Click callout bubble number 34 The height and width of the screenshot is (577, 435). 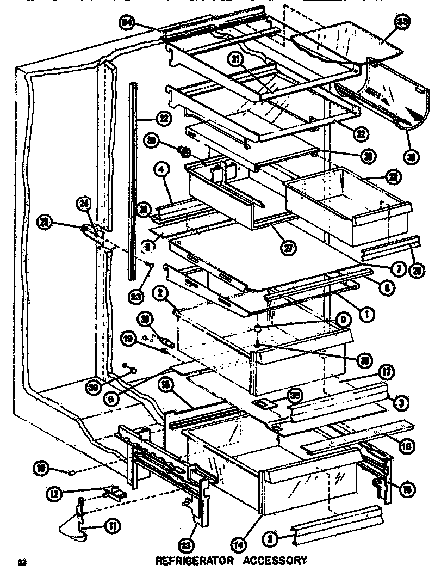(x=127, y=22)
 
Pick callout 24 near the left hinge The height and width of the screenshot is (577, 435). (x=100, y=205)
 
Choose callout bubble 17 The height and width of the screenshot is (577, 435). (x=387, y=374)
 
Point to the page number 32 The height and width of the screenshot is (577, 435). (x=21, y=562)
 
